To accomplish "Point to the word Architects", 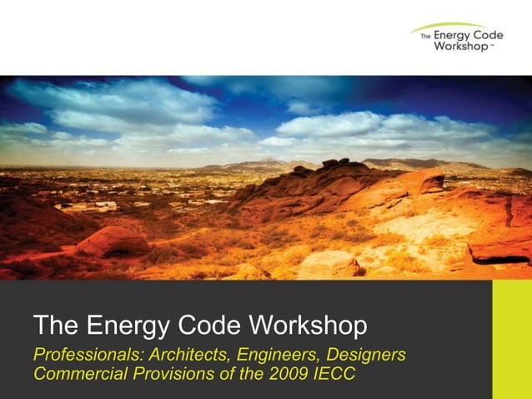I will point(175,355).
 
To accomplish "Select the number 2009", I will point(289,373).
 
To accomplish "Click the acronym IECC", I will point(334,373).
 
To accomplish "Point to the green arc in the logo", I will point(450,27).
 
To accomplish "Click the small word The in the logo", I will point(425,37).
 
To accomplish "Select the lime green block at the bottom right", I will point(512,339).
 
